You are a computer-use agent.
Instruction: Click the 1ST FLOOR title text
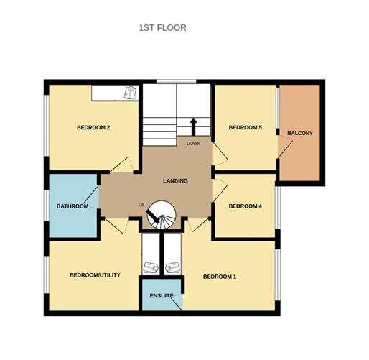point(162,28)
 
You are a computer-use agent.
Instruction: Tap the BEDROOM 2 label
point(93,128)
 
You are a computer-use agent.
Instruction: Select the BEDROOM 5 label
point(245,128)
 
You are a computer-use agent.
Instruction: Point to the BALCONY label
point(300,134)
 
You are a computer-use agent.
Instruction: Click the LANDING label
point(175,181)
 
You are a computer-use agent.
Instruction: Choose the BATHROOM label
point(73,206)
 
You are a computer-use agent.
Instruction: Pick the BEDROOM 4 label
point(245,206)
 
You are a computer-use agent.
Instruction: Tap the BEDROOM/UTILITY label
point(94,275)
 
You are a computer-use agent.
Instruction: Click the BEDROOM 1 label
point(220,277)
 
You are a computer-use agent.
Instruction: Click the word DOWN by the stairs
point(193,143)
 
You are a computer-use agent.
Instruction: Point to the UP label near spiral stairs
point(141,206)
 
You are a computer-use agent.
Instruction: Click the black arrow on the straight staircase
point(192,126)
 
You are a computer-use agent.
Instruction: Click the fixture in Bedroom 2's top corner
point(129,93)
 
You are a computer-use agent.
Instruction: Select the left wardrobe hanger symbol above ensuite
point(151,268)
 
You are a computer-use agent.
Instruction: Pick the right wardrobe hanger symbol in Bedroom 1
point(173,268)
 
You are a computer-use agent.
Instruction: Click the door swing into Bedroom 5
point(220,152)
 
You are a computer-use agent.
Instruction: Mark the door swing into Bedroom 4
point(220,188)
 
